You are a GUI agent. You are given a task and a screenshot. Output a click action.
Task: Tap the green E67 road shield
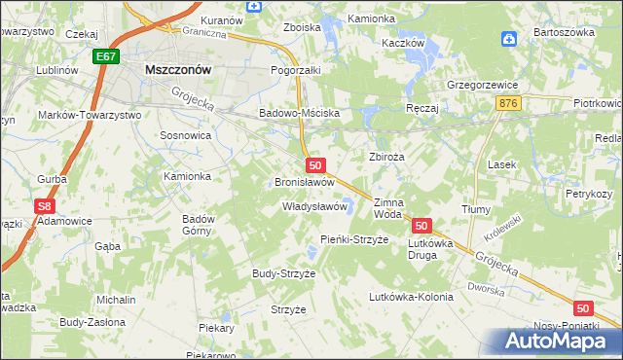(x=107, y=58)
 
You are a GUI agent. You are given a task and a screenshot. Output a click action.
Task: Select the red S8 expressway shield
(x=43, y=206)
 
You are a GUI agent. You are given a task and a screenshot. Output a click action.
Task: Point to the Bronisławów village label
(x=305, y=182)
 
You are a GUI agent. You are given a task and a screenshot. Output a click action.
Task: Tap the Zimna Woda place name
(x=387, y=208)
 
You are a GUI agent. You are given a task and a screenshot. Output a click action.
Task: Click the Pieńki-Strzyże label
(x=354, y=239)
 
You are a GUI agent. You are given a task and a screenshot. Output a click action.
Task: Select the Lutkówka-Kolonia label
(x=411, y=297)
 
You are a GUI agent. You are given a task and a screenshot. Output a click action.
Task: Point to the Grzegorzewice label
(x=482, y=84)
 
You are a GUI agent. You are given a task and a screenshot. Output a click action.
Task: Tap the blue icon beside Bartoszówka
(x=508, y=40)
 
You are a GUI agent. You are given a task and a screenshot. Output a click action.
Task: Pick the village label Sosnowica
(x=185, y=136)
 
